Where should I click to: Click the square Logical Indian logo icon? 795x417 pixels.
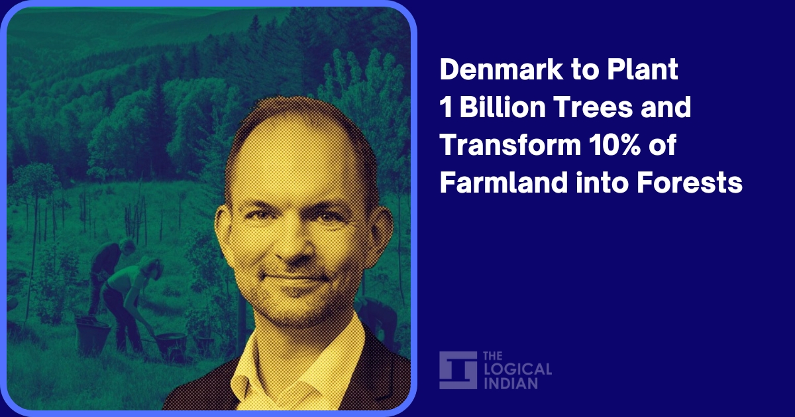(458, 370)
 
